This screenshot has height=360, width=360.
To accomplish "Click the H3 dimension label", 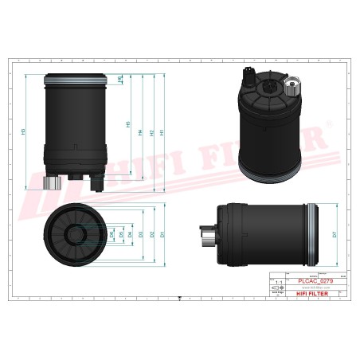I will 25,131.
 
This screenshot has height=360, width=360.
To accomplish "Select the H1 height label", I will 162,132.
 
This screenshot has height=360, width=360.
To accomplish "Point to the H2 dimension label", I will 151,132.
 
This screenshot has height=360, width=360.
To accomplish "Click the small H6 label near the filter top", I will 119,80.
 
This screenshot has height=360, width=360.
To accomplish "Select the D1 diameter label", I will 162,235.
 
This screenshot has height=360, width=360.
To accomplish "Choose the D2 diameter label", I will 151,235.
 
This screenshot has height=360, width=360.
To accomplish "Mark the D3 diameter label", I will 141,235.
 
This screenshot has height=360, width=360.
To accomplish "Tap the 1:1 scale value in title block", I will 278,282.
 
